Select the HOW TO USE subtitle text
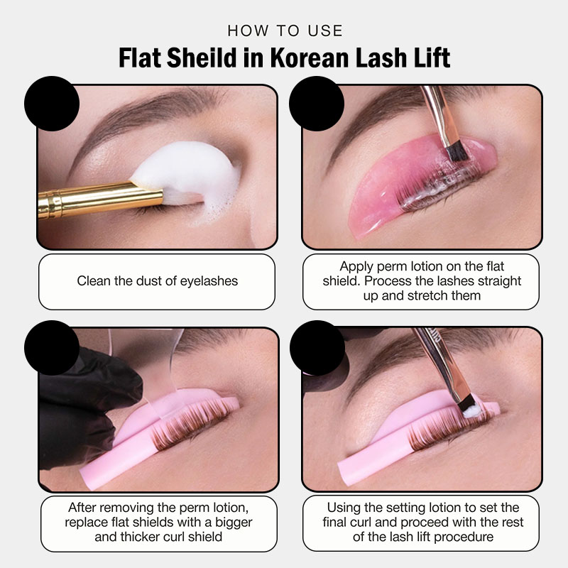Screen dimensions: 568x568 [285, 31]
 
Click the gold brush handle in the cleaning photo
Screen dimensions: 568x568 [100, 200]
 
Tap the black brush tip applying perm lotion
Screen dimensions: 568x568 [456, 151]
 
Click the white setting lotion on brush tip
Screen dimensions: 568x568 [472, 411]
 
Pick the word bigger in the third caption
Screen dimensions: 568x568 [234, 523]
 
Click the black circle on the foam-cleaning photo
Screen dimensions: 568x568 [52, 104]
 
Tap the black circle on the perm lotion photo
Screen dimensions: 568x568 [317, 104]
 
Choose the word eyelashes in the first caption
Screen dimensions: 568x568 [209, 281]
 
